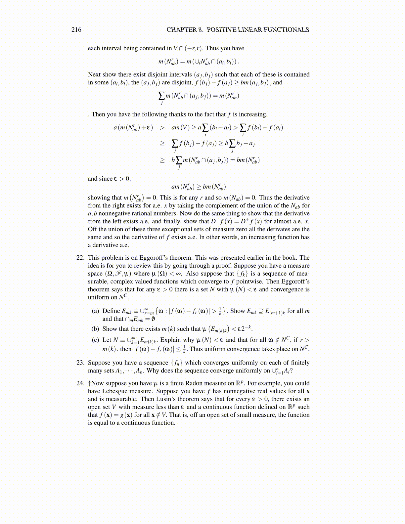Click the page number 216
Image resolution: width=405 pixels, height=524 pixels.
[76, 30]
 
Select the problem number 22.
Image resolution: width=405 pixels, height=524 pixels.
[80, 258]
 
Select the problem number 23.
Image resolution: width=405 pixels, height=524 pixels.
[80, 363]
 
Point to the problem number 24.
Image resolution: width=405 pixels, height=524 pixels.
[80, 383]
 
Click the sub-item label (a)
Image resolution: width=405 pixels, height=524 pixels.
[95, 311]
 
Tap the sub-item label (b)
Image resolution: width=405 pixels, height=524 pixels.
[95, 329]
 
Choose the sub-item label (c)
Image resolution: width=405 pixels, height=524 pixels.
[95, 340]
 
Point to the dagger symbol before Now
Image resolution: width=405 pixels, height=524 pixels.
[89, 383]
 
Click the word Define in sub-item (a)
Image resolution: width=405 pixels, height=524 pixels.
[112, 311]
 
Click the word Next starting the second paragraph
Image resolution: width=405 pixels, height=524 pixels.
[94, 74]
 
